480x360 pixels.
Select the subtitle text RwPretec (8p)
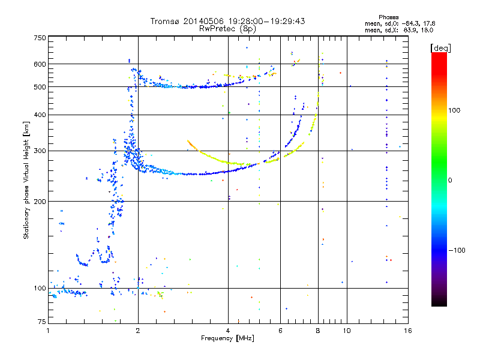click(227, 29)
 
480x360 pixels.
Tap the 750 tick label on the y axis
click(40, 38)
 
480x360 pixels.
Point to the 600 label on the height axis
click(40, 64)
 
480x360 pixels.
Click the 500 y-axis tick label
click(40, 87)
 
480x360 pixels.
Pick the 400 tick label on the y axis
click(40, 115)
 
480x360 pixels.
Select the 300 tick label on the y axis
click(40, 151)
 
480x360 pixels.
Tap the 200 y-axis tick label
click(40, 202)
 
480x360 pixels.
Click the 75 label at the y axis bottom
click(42, 322)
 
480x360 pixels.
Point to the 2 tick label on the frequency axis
click(138, 331)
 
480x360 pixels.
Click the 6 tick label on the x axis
click(280, 331)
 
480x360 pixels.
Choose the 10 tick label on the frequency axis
click(347, 331)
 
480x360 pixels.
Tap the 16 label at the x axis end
click(408, 331)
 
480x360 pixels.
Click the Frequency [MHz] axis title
click(227, 338)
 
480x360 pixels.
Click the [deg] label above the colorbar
click(440, 49)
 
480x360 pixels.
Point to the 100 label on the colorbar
click(454, 110)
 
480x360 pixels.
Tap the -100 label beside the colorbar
click(457, 250)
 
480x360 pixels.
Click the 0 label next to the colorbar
click(450, 181)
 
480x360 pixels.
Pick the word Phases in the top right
click(388, 17)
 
